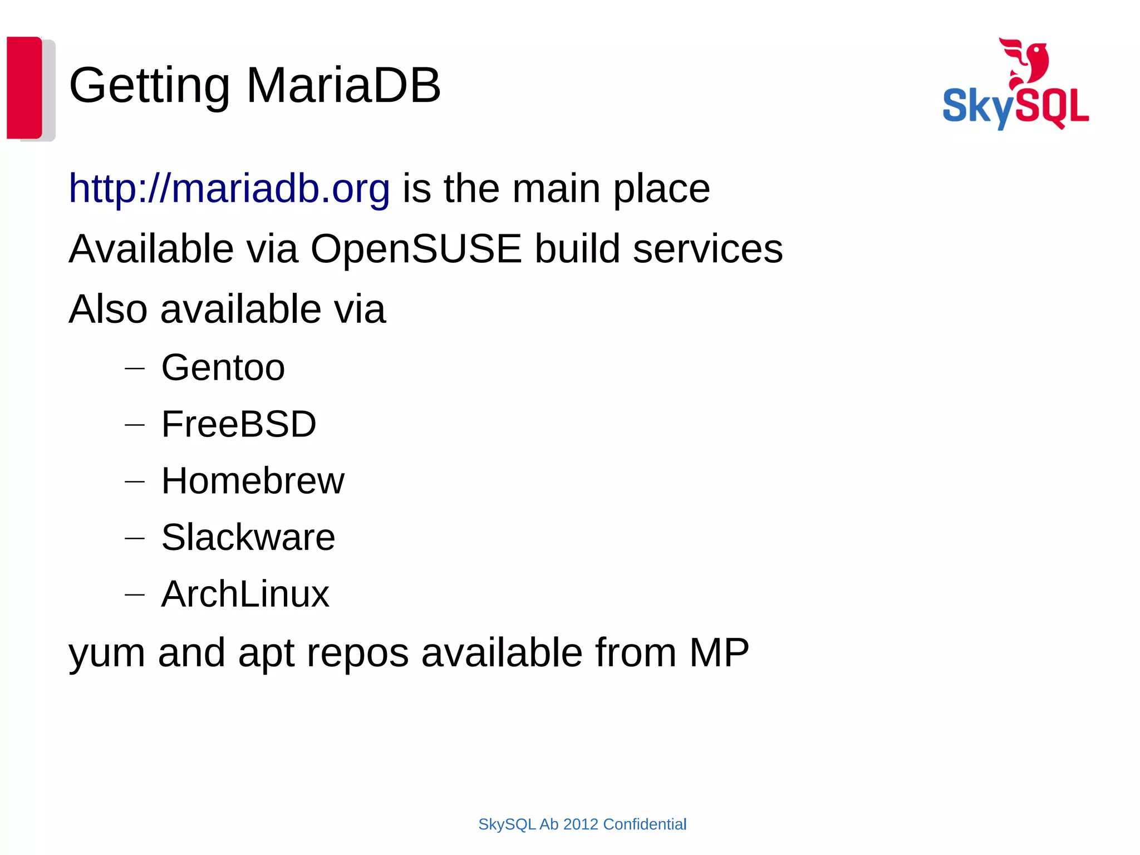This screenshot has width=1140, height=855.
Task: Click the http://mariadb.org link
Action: pos(229,189)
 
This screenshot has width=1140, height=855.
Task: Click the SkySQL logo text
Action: pos(1015,107)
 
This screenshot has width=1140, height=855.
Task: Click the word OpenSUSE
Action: pos(416,248)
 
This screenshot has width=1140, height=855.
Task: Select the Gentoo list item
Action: pos(223,367)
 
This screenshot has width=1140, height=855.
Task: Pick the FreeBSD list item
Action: pos(239,424)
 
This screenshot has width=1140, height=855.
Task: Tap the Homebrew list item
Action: pos(253,481)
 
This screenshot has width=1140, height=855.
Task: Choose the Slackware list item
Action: pos(248,538)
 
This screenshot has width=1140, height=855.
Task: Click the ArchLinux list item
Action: pos(245,594)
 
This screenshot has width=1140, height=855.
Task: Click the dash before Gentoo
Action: pos(135,368)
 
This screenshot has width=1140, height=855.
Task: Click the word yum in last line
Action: pos(107,654)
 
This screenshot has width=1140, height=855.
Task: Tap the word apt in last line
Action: pos(266,654)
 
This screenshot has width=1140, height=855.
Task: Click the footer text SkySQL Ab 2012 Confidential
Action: pos(582,824)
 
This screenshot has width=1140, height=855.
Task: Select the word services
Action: pos(707,248)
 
